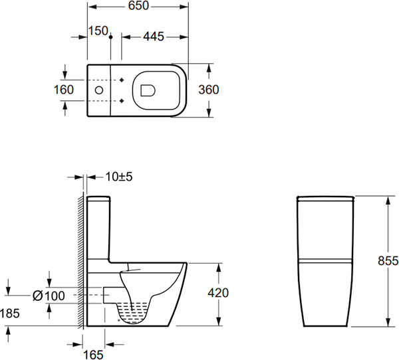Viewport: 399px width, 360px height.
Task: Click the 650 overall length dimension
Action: click(x=138, y=6)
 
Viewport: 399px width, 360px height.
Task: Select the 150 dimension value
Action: click(x=98, y=31)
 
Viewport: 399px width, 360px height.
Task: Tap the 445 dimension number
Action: click(x=154, y=37)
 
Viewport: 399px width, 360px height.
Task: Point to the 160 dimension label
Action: click(x=64, y=90)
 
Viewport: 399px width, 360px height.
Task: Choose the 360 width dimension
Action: click(x=209, y=90)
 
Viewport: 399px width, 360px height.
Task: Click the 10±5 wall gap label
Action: click(x=119, y=177)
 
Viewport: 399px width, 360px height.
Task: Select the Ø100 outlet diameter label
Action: click(x=49, y=296)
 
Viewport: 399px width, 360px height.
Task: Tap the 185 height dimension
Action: click(x=10, y=314)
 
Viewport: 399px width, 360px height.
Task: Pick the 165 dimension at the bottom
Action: click(x=93, y=355)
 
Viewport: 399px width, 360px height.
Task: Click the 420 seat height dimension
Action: click(x=218, y=293)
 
